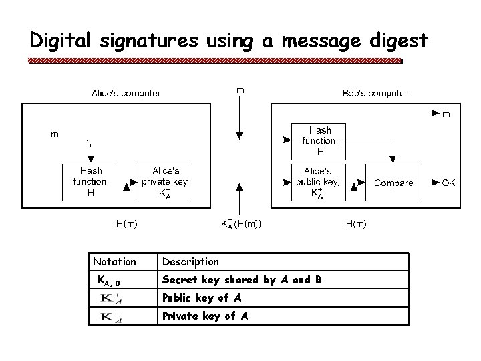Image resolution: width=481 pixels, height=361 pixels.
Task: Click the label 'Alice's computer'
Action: pyautogui.click(x=126, y=93)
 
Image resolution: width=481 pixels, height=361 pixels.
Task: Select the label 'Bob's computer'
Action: pyautogui.click(x=375, y=93)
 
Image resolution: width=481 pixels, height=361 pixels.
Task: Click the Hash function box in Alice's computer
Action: pyautogui.click(x=90, y=182)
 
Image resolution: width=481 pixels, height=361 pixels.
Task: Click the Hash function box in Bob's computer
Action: pyautogui.click(x=320, y=140)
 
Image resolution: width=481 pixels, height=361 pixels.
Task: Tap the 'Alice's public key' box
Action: pyautogui.click(x=318, y=183)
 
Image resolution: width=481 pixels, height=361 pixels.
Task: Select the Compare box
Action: pyautogui.click(x=393, y=183)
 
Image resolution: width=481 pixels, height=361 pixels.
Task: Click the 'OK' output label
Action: pyautogui.click(x=448, y=183)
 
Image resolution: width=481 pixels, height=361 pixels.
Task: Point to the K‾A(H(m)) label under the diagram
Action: pyautogui.click(x=240, y=224)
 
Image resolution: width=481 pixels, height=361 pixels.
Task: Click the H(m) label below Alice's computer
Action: pyautogui.click(x=126, y=224)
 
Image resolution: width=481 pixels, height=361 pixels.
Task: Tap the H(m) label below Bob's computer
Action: pyautogui.click(x=355, y=224)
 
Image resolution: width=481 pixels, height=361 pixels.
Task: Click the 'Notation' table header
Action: pyautogui.click(x=114, y=261)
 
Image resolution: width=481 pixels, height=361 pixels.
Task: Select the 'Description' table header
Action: pyautogui.click(x=190, y=261)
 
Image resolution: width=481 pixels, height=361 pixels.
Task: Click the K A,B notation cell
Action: pyautogui.click(x=109, y=281)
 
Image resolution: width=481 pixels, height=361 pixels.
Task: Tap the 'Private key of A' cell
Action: pyautogui.click(x=205, y=316)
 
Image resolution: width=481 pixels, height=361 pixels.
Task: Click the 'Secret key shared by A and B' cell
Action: pyautogui.click(x=242, y=280)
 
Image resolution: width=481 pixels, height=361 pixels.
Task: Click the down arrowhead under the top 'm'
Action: pyautogui.click(x=240, y=136)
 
